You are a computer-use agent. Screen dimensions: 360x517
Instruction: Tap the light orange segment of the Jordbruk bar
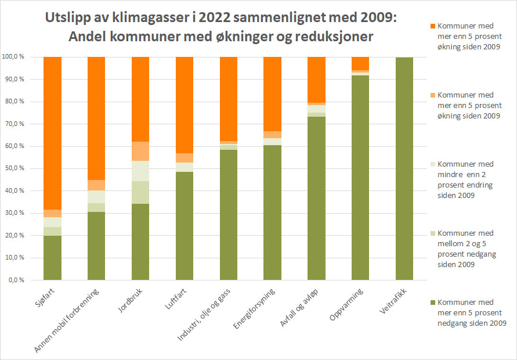(x=140, y=151)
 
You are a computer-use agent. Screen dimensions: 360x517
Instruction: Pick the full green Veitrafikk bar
(x=404, y=168)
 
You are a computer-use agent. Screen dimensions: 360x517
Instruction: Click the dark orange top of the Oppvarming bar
(x=360, y=63)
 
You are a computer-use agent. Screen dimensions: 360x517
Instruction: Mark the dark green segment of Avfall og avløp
(x=316, y=198)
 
